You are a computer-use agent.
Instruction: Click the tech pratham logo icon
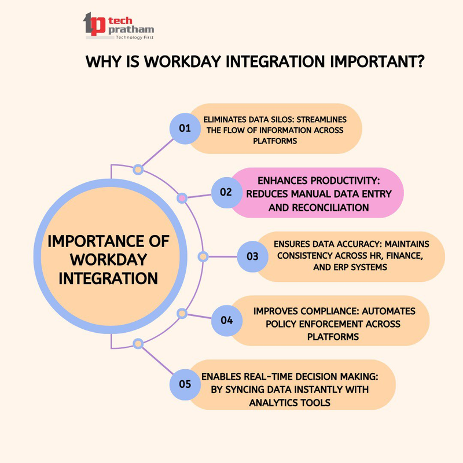click(x=94, y=24)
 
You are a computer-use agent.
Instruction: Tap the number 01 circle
click(x=185, y=128)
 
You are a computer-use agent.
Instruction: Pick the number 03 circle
click(x=253, y=256)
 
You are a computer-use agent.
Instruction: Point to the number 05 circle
click(x=185, y=383)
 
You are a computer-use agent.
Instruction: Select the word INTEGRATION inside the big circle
click(x=116, y=278)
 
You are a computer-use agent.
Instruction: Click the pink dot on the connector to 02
click(x=182, y=199)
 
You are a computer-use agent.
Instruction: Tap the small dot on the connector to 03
click(x=203, y=256)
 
